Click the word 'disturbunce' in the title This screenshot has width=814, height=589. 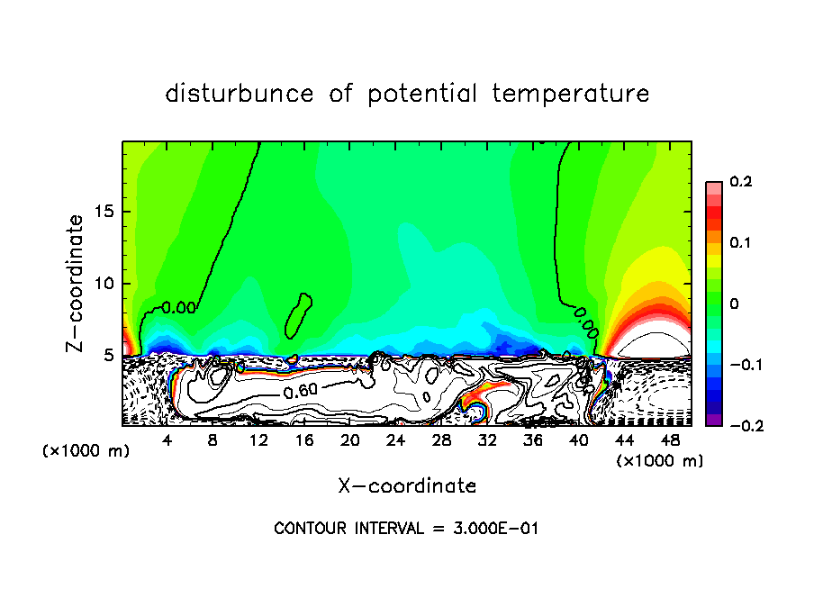[x=240, y=94]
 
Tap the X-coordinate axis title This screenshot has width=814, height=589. [x=407, y=486]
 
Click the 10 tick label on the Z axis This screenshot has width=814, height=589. [x=106, y=284]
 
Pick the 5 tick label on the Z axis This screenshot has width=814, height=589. [x=111, y=356]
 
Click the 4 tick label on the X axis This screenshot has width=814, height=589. [x=167, y=440]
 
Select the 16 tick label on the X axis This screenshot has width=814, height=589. [x=304, y=440]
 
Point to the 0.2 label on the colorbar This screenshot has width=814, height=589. [x=739, y=182]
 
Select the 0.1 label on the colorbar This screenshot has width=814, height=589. [x=739, y=243]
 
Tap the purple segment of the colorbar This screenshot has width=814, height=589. [x=713, y=420]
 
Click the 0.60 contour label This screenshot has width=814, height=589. [x=300, y=392]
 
